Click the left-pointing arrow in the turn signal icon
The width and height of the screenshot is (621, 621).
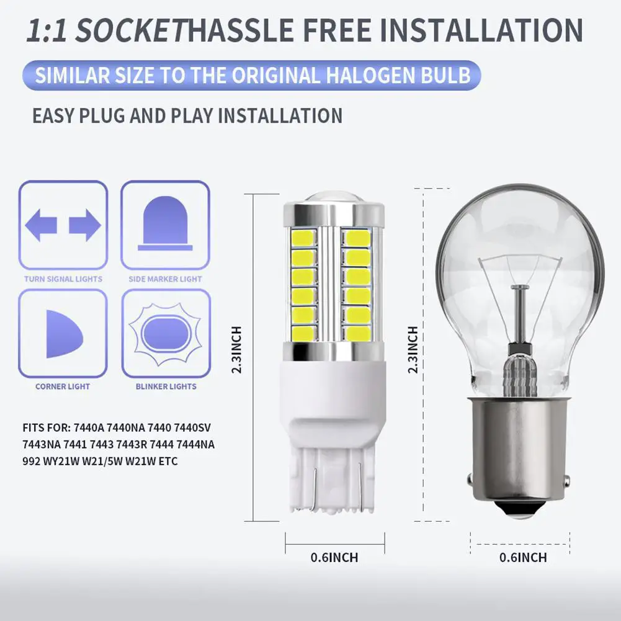[41, 225]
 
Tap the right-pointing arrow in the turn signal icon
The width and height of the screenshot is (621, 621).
[85, 225]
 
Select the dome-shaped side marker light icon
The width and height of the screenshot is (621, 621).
[165, 223]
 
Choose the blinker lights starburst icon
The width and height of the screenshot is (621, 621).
[166, 334]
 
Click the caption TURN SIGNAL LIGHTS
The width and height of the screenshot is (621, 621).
[63, 279]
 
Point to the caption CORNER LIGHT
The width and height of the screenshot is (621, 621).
[63, 386]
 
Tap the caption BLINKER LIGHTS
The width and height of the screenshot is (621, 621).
[166, 386]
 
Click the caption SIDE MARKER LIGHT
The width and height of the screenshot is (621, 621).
[165, 279]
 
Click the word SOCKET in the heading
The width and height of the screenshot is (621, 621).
[130, 30]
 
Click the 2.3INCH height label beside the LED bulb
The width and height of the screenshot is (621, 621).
[236, 350]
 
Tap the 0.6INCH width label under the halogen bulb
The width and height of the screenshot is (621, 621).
[523, 558]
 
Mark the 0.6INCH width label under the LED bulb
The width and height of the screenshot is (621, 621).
[334, 558]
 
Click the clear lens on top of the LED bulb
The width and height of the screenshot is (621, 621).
[334, 199]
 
